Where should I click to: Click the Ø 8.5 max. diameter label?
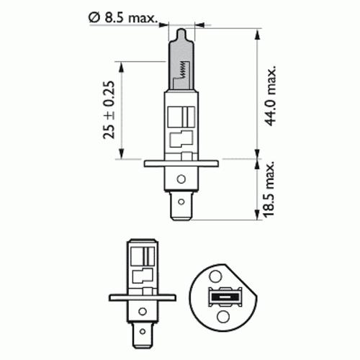123,17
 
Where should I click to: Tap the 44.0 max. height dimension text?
271,96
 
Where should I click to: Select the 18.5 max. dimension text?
269,189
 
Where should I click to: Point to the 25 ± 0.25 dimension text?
109,110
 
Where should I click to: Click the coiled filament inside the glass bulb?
183,70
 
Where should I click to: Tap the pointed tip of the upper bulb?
181,30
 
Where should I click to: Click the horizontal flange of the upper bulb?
181,163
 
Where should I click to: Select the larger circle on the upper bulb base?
181,179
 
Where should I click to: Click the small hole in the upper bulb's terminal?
181,202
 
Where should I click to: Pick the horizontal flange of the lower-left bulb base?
143,298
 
